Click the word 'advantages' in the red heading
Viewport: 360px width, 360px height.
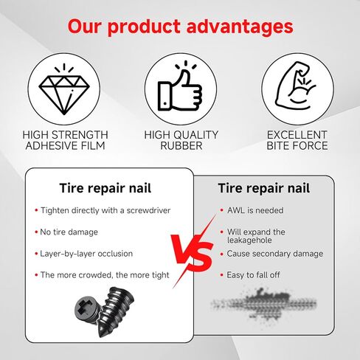[x=240, y=27]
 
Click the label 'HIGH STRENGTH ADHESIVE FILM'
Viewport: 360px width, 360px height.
[x=65, y=140]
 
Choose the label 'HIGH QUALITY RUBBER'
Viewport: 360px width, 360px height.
[x=181, y=140]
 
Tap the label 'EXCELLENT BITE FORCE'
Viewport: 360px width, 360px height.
[x=297, y=140]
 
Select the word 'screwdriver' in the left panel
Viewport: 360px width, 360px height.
[x=148, y=210]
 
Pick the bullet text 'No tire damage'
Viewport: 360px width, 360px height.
[x=69, y=232]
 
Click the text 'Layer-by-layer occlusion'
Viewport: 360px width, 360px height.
[x=86, y=254]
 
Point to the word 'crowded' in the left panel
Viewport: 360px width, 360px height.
[x=95, y=275]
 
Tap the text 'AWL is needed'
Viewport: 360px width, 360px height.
[x=255, y=210]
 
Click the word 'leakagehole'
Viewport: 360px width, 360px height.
[x=249, y=240]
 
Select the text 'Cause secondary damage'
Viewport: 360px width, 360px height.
[x=275, y=254]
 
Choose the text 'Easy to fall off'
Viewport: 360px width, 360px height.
[x=253, y=275]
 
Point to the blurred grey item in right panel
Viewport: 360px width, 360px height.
[x=263, y=305]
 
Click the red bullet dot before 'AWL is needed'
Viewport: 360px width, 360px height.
[x=222, y=210]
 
